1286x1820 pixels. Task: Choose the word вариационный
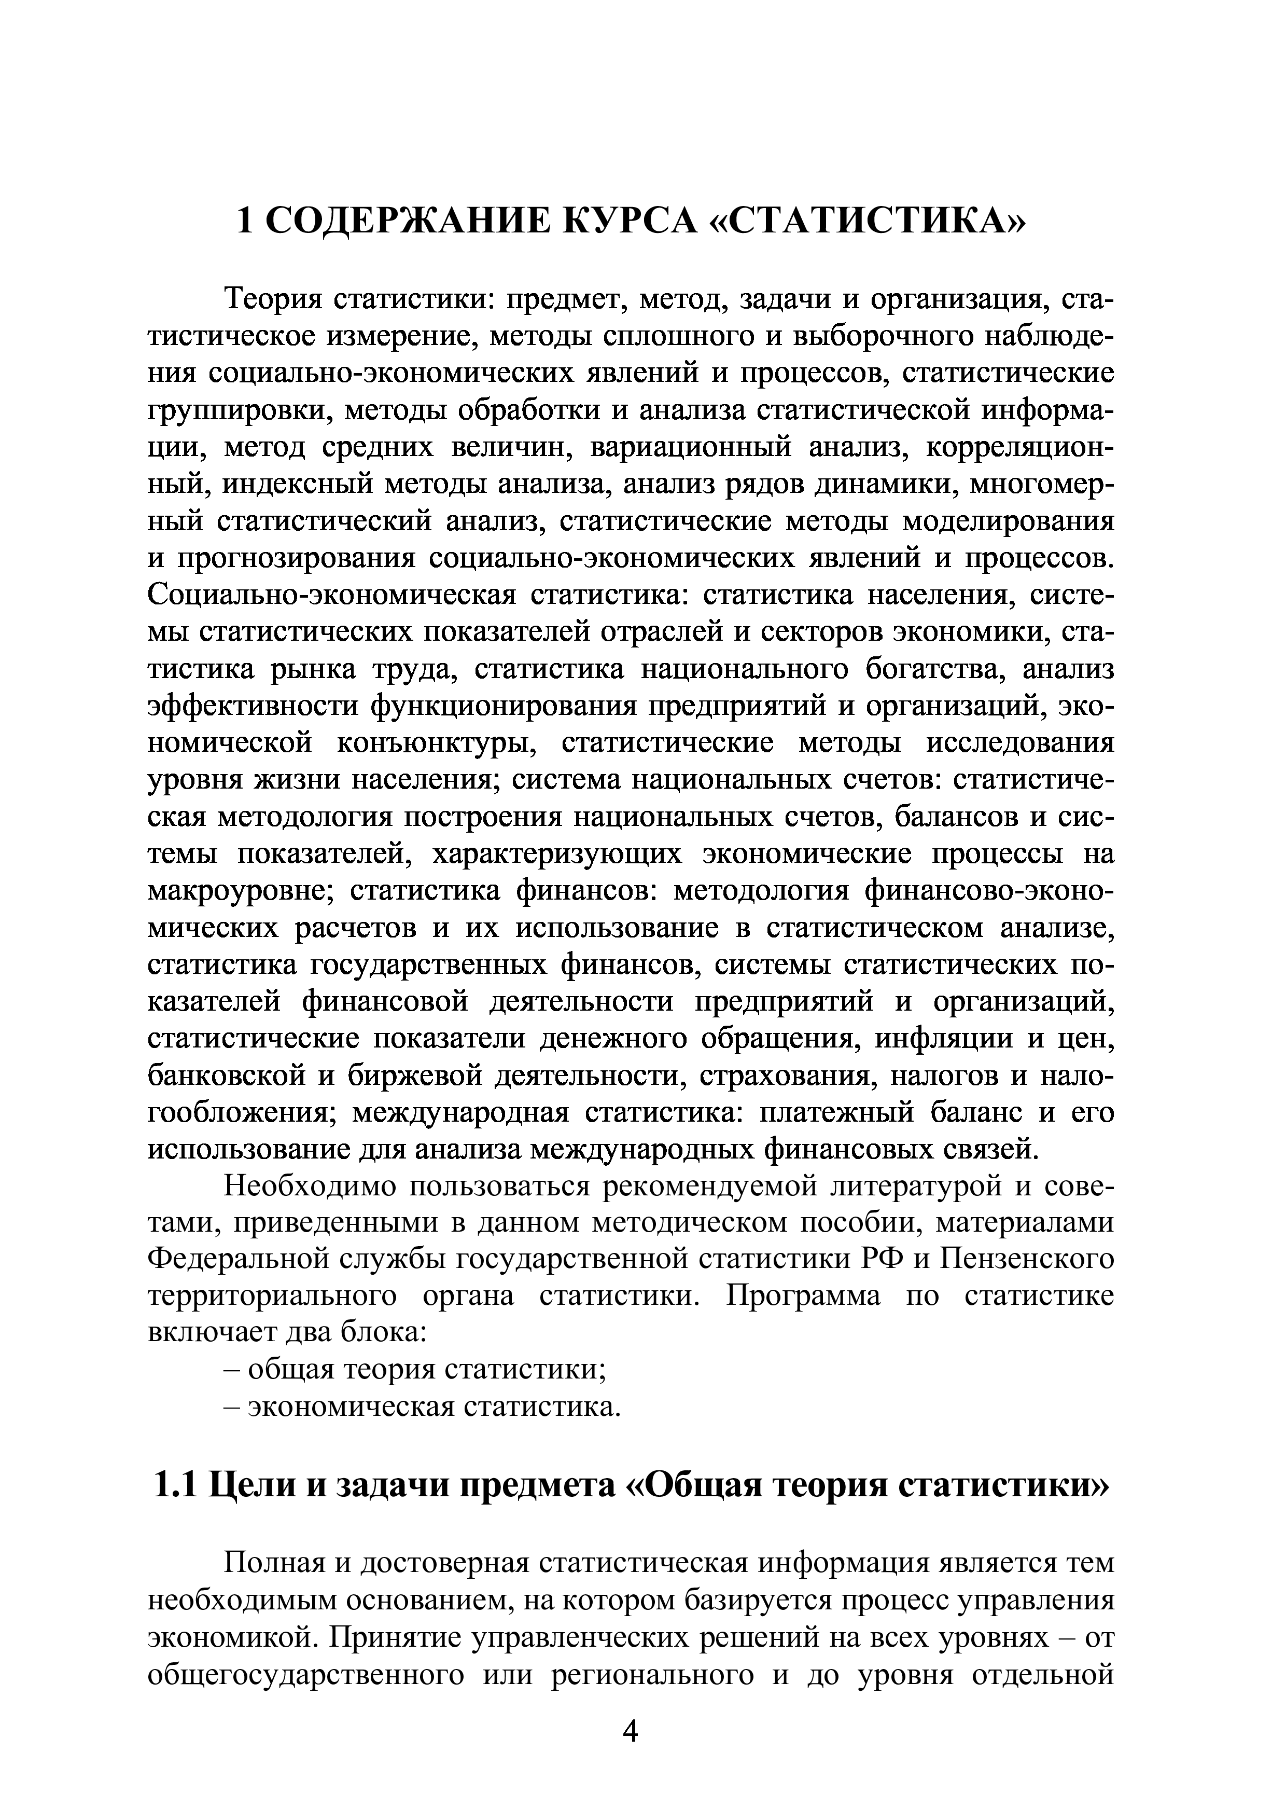681,448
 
